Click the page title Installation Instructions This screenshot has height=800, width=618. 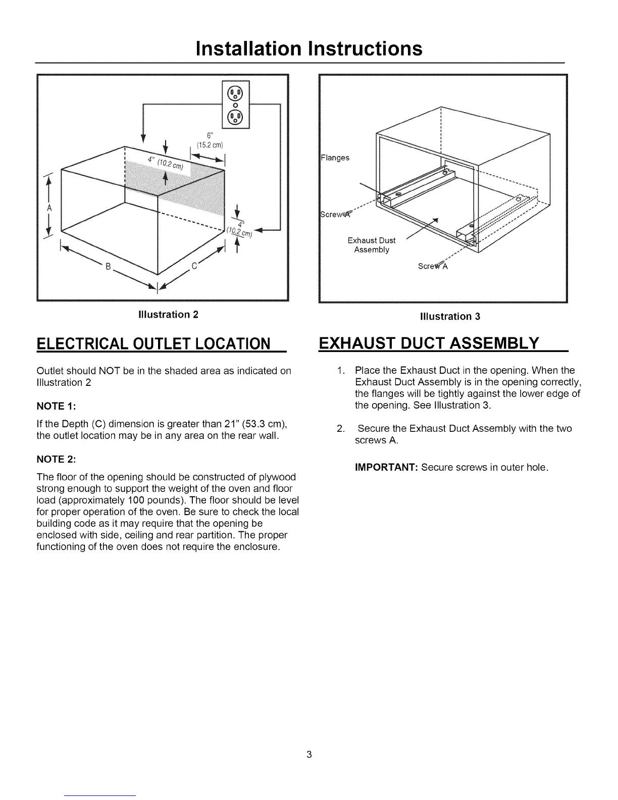coord(308,48)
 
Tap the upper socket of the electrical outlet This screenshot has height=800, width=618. coord(236,93)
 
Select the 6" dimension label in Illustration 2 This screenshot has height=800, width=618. coord(209,135)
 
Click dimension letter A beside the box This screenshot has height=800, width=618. coord(49,208)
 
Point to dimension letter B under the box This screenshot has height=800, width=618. coord(107,267)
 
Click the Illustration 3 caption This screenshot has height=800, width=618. coord(450,317)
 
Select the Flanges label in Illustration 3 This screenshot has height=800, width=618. coord(335,158)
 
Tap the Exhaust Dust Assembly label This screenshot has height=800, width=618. coord(372,245)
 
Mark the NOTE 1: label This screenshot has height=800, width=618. coord(56,406)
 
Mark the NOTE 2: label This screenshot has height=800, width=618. coord(56,459)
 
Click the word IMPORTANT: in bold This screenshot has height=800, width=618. coord(386,467)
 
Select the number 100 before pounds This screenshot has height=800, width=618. coord(136,501)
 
